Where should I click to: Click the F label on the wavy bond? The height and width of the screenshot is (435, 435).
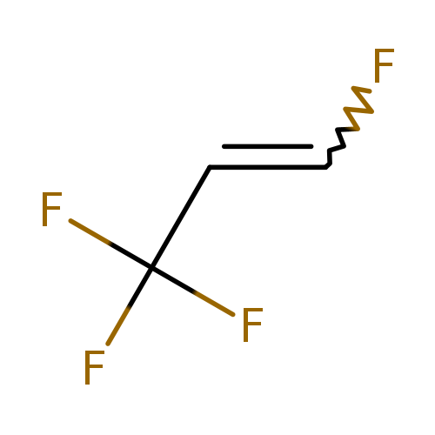point(384,65)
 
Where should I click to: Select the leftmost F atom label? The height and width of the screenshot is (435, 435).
point(51,209)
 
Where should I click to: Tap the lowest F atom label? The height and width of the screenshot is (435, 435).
point(94,367)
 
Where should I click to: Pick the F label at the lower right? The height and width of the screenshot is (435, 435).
point(252,325)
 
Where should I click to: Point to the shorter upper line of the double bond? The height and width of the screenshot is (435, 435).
point(268,146)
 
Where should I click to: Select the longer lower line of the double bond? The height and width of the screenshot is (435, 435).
point(268,167)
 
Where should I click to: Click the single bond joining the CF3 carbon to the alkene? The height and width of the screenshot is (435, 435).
point(181,217)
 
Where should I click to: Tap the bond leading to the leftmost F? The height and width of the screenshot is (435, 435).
point(110,244)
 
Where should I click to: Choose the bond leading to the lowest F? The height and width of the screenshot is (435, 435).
point(130,306)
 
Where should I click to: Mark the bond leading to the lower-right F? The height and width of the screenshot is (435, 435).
point(192,291)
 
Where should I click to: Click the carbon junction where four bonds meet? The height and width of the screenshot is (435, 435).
point(151,268)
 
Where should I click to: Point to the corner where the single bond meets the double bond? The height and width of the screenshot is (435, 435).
point(210,167)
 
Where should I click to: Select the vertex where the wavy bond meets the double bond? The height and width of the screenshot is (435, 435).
point(326,167)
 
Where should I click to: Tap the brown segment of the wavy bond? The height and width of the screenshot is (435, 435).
point(359,110)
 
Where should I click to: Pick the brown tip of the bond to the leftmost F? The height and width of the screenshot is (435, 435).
point(90,231)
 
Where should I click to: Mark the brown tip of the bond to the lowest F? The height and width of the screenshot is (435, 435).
point(118,326)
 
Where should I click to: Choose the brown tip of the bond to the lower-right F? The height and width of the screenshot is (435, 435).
point(214,304)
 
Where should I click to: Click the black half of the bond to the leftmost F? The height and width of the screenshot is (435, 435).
point(131,257)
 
